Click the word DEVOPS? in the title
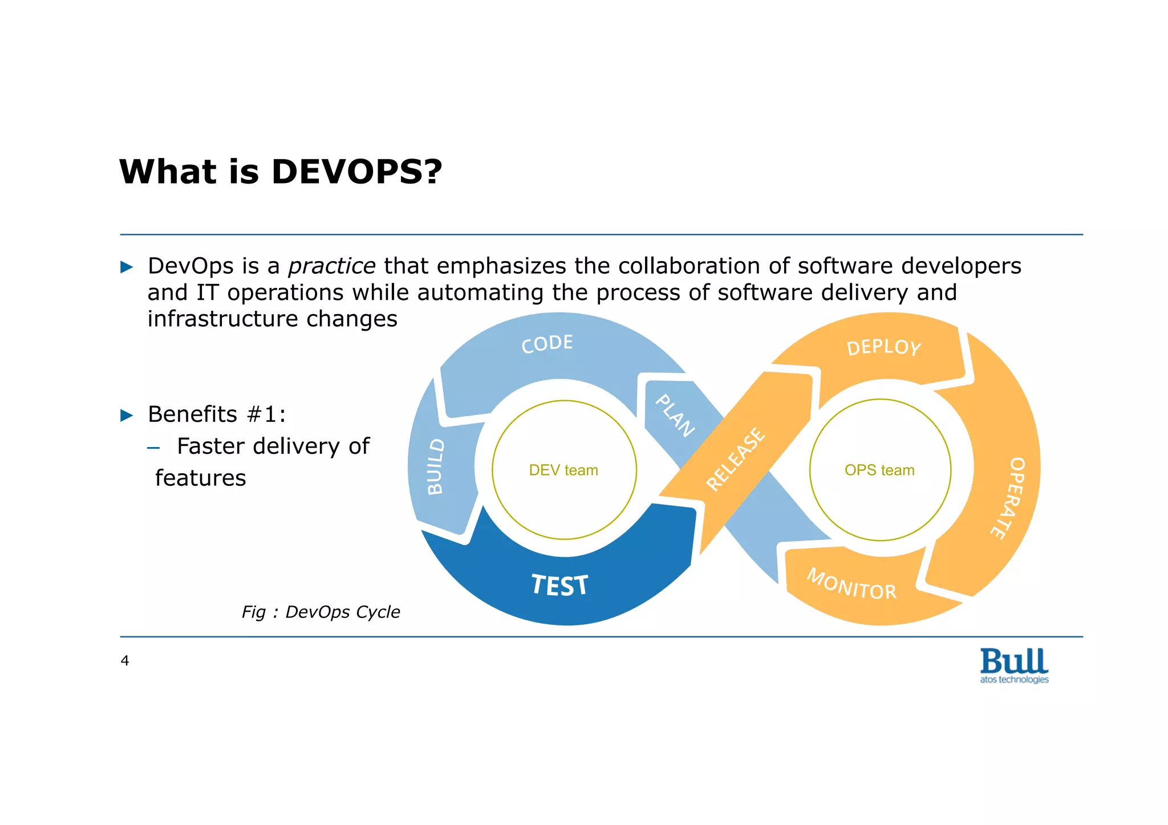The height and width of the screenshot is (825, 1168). point(356,172)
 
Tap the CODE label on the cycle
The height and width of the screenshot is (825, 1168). point(547,344)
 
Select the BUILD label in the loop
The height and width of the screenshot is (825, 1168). point(436,466)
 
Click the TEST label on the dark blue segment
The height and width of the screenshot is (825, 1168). point(559,586)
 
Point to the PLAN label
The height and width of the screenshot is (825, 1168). point(675,416)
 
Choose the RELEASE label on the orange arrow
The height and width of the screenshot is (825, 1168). point(736,459)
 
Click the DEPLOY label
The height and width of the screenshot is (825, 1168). point(883,347)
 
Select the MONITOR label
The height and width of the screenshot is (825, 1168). point(851,584)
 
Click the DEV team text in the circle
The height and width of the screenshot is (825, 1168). point(563,470)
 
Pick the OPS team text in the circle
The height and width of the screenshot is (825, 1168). point(879,470)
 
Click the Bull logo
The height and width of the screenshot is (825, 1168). point(1014,661)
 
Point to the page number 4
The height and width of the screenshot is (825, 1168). point(125,661)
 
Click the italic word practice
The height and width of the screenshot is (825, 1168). point(331,266)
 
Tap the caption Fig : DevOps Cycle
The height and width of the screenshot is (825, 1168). point(321,612)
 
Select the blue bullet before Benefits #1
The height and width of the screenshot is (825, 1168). point(127,415)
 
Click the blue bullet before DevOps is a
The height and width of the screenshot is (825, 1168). point(127,267)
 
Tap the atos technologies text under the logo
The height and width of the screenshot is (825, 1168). point(1014,680)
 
